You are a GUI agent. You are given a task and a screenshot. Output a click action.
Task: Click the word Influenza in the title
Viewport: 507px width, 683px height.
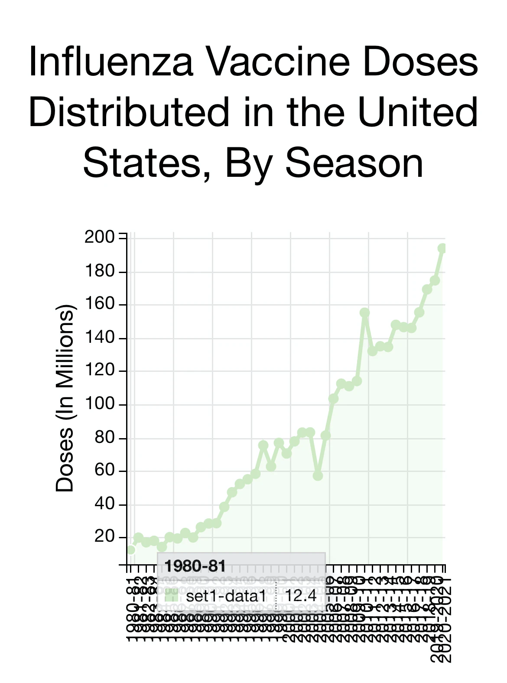click(111, 62)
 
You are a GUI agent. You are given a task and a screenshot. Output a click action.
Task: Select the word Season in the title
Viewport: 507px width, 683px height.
click(354, 164)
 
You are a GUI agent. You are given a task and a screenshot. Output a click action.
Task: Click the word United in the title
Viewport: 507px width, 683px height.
click(418, 113)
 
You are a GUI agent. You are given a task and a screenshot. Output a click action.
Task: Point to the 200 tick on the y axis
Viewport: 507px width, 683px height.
click(99, 237)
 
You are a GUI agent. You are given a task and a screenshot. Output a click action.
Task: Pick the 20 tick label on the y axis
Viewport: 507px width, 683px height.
click(104, 537)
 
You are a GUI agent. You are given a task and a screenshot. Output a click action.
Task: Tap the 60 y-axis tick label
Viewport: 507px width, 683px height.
click(104, 471)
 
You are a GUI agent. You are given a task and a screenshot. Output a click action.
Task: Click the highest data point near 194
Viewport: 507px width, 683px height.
click(442, 248)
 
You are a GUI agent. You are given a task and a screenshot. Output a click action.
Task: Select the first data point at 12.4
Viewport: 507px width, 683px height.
click(130, 550)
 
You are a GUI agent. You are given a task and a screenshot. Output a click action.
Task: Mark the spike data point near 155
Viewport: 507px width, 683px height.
click(364, 312)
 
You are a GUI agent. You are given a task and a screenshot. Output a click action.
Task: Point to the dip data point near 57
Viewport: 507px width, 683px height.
click(318, 476)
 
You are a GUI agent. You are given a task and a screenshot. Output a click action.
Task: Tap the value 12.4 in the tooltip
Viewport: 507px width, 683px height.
click(301, 596)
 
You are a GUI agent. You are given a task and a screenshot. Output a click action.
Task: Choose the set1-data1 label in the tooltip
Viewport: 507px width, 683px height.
click(226, 596)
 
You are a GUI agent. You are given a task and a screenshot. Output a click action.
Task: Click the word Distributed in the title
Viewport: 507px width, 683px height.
click(129, 113)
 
